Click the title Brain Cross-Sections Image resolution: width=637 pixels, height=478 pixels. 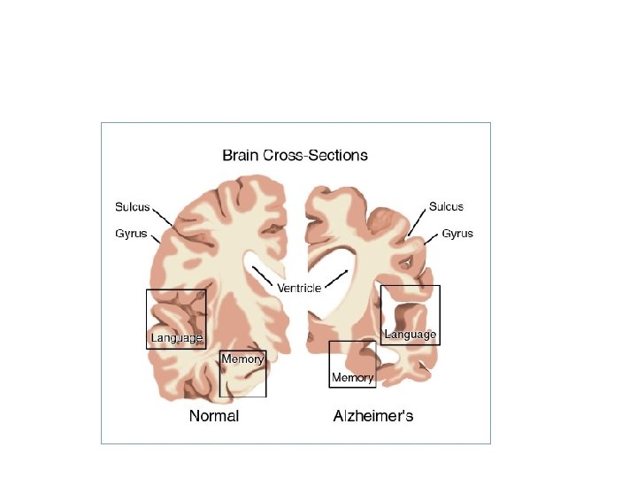(295, 156)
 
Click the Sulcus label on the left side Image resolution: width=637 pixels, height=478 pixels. (133, 207)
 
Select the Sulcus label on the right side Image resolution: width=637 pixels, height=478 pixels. (446, 207)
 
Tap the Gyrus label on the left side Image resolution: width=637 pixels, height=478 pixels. (131, 234)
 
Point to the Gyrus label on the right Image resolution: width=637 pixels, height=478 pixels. (457, 234)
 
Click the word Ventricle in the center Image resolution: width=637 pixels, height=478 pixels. (299, 289)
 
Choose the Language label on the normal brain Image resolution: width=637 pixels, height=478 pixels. (177, 338)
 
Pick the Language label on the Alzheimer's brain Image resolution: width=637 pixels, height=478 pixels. (411, 335)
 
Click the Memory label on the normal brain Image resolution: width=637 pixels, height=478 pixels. (242, 359)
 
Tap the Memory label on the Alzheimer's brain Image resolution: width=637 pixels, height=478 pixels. (352, 378)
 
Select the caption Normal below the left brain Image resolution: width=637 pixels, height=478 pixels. (214, 415)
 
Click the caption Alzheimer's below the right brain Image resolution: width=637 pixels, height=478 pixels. (372, 415)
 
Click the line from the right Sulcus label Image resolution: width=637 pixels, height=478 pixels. (417, 220)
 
